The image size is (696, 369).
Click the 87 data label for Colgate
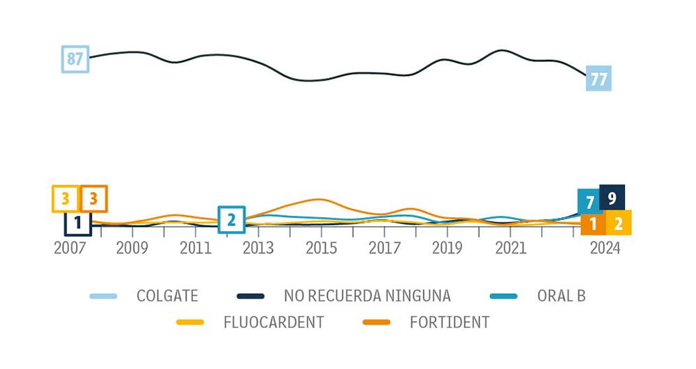click(x=75, y=59)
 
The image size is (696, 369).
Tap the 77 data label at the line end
click(x=598, y=79)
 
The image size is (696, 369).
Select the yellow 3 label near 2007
click(x=65, y=199)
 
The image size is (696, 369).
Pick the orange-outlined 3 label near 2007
click(x=93, y=199)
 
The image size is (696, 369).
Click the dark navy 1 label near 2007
click(x=78, y=223)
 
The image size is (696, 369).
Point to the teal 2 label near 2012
click(x=232, y=220)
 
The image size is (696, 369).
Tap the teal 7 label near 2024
click(x=590, y=202)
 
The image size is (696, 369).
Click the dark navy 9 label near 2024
click(x=612, y=198)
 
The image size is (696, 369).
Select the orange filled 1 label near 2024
click(x=593, y=224)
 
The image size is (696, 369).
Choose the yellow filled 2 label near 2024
click(x=618, y=223)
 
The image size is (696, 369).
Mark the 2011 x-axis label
click(x=196, y=248)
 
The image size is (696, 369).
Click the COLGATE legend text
click(x=167, y=296)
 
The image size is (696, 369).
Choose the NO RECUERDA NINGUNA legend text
click(x=367, y=296)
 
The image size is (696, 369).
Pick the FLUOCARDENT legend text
click(x=274, y=322)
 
